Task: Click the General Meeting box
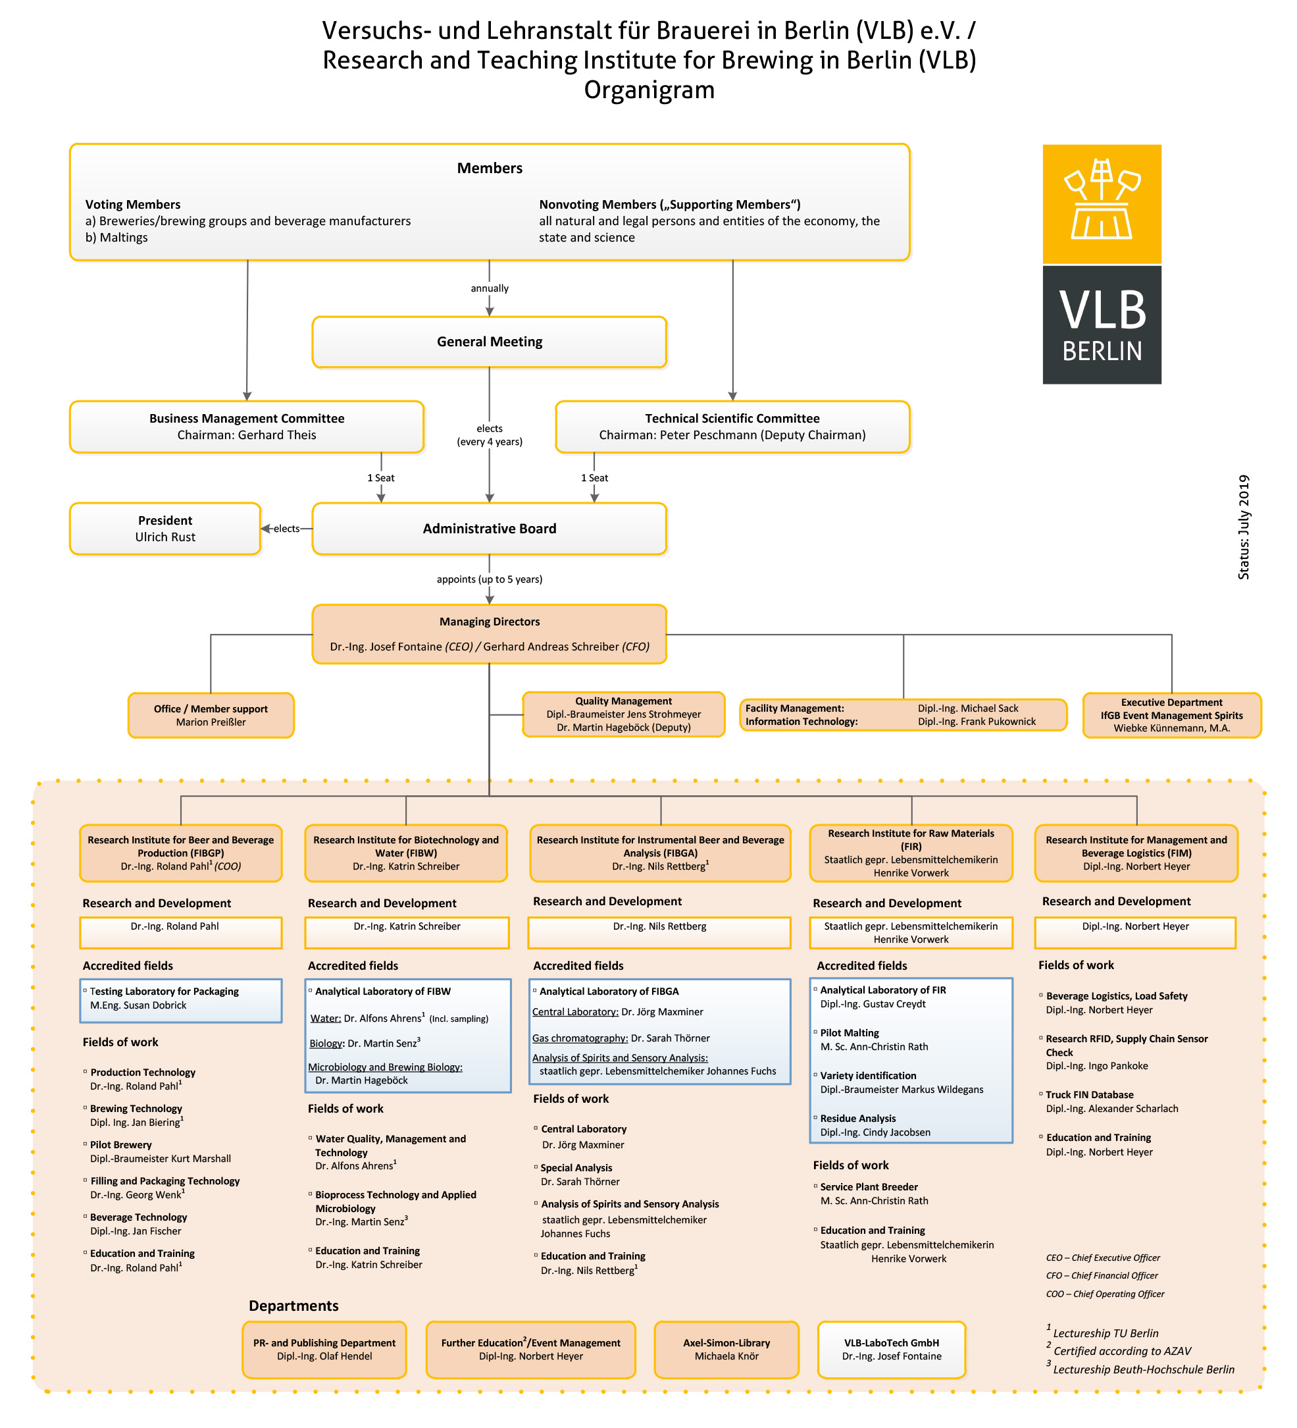489,342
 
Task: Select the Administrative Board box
489,529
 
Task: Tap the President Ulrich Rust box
165,529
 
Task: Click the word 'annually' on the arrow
489,288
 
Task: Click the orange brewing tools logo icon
1101,203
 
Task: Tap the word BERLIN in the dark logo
1102,352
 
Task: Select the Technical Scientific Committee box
732,427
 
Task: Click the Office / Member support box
211,715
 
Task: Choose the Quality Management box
623,714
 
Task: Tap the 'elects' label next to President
286,529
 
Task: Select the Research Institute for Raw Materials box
911,853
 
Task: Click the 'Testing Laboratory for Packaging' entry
164,991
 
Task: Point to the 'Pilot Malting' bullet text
849,1033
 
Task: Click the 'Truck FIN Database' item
1089,1094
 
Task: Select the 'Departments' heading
293,1306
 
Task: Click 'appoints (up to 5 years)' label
489,579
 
